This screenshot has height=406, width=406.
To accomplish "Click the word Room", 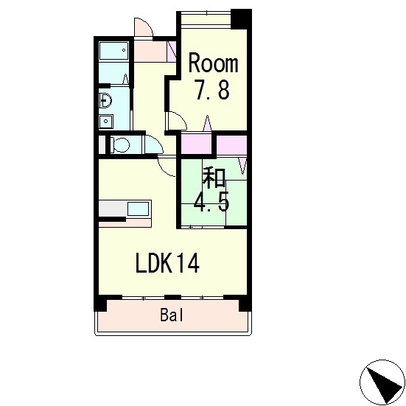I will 213,63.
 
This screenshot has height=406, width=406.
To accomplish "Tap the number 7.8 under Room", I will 212,90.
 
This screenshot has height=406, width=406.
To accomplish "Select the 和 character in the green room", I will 214,177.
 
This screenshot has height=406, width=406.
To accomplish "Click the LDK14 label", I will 167,263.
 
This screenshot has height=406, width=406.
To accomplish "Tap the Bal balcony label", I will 172,316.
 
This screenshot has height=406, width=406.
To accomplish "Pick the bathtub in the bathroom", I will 114,51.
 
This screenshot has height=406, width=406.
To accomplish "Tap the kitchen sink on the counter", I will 138,209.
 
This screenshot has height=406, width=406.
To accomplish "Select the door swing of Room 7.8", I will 175,120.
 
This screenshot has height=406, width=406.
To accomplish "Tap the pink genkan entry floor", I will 153,52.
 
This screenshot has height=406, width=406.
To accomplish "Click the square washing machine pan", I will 105,122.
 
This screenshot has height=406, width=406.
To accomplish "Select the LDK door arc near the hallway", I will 165,167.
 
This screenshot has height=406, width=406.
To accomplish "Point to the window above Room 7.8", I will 206,14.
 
